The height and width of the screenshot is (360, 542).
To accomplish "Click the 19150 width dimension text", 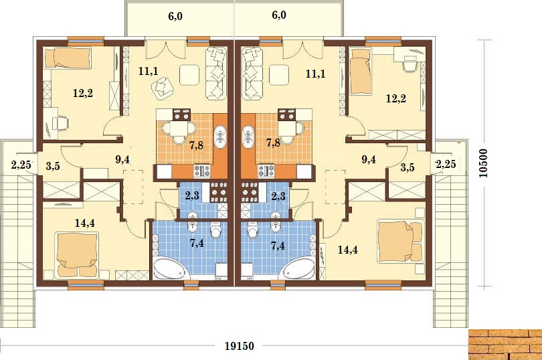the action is click(239, 345).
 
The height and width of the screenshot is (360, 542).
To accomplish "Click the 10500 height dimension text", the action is click(484, 163).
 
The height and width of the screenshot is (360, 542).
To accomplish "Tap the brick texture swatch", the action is click(505, 345).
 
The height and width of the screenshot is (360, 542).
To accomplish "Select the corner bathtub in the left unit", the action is click(171, 268).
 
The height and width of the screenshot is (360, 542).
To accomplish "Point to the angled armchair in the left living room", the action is click(163, 88).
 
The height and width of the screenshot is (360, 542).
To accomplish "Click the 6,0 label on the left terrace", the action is click(175, 16).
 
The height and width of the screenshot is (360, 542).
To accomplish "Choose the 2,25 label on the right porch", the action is click(446, 164).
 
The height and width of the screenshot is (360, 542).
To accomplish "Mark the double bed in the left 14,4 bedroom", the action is click(78, 255).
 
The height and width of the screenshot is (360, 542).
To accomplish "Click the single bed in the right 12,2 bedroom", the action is click(361, 71).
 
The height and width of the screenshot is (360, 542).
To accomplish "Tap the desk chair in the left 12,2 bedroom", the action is click(60, 124).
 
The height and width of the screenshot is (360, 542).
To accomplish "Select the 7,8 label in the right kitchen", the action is click(273, 143).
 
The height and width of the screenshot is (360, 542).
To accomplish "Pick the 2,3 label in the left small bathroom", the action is click(192, 196).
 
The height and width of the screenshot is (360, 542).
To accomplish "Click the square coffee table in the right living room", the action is click(279, 75).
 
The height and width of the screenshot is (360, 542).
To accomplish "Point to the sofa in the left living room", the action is click(217, 74).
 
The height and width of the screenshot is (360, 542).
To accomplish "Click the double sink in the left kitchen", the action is click(220, 137).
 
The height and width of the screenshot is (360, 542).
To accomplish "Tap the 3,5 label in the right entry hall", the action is click(408, 168).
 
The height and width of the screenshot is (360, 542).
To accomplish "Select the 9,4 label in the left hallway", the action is click(122, 160).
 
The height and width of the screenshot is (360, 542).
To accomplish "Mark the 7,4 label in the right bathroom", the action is click(278, 246).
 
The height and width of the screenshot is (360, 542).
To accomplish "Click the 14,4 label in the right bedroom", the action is click(348, 250).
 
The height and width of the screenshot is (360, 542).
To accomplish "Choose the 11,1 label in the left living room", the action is click(149, 71).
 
